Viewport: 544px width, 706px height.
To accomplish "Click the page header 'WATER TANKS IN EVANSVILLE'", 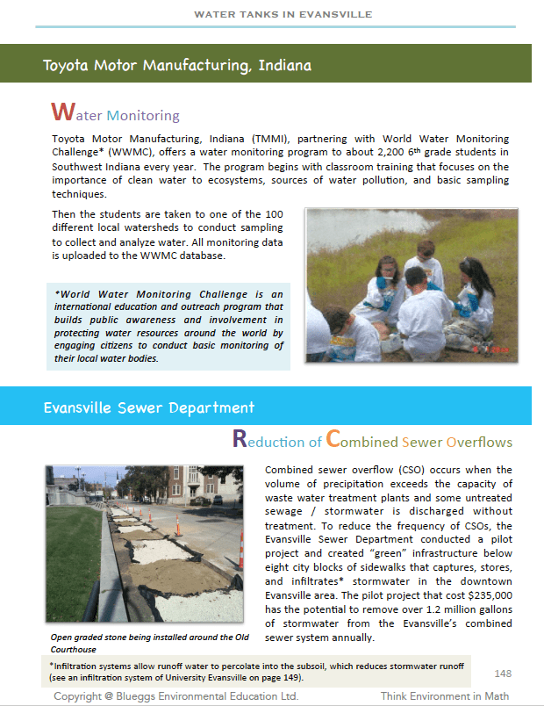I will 282,14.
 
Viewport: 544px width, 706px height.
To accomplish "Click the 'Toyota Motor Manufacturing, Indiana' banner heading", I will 177,65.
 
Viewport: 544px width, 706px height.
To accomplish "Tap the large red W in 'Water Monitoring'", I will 61,112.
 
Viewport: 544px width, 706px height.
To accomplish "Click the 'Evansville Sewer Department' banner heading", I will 149,407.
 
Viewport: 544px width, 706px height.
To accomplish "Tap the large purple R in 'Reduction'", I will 240,439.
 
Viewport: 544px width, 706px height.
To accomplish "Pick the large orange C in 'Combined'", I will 333,439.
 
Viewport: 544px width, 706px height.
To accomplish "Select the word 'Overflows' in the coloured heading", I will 479,441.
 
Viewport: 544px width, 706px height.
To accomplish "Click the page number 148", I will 503,674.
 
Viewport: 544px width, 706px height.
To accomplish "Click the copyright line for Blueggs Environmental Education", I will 176,695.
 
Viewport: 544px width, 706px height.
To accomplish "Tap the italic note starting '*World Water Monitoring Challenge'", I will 168,326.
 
